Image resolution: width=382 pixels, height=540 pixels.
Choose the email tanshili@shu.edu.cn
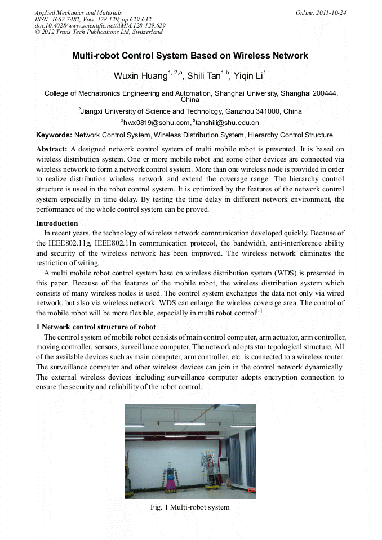point(227,123)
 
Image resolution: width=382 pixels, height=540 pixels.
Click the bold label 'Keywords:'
point(54,135)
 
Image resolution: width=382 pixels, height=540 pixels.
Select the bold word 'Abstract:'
point(52,149)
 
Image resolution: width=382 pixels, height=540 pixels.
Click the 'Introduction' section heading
point(57,224)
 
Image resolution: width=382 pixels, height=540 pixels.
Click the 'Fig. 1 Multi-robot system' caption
point(190,507)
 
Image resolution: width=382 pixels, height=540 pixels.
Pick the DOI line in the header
point(100,25)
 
